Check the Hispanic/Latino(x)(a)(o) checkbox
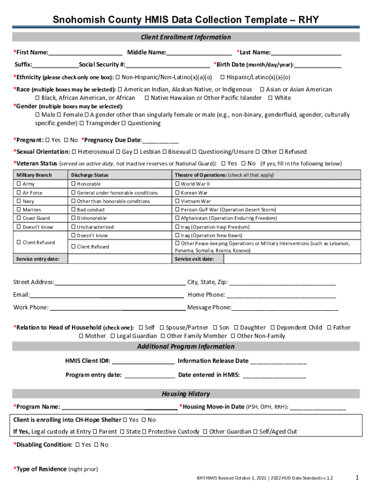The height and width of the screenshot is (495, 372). click(223, 77)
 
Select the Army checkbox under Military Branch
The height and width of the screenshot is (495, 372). click(19, 184)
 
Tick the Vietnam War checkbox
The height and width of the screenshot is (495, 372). click(177, 202)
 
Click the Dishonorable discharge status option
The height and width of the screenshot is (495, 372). click(73, 218)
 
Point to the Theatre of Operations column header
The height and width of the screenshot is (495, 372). click(224, 175)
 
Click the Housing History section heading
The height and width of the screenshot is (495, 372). click(186, 394)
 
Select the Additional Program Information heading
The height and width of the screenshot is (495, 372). click(186, 347)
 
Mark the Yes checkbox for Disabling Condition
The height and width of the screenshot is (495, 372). click(78, 445)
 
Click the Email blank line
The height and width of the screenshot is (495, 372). click(106, 295)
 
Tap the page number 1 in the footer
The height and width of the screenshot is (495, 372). click(357, 478)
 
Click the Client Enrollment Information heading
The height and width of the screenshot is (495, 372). click(186, 37)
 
